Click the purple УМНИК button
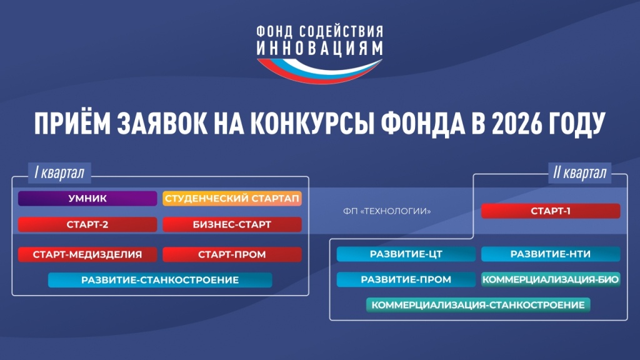tap(87, 199)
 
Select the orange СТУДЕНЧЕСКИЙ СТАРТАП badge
tap(232, 199)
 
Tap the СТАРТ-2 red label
tap(87, 224)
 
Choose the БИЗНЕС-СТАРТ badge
tap(232, 224)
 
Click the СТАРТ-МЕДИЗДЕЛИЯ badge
tap(87, 254)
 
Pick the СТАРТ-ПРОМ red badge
tap(232, 254)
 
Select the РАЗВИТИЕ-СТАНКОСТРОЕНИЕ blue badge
tap(160, 280)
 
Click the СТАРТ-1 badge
tap(551, 211)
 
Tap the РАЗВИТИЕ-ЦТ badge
tap(406, 254)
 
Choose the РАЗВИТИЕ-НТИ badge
tap(551, 254)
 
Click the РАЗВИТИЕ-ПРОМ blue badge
tap(406, 279)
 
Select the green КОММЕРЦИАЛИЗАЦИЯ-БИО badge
tap(551, 279)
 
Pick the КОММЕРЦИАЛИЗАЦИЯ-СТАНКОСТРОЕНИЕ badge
tap(478, 305)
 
